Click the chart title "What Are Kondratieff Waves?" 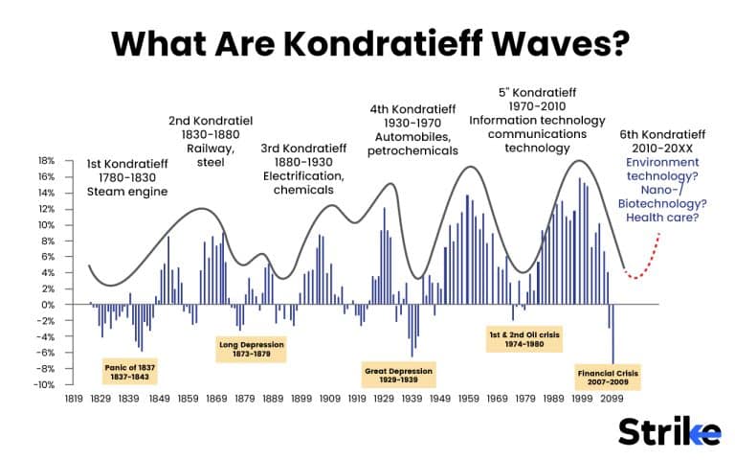coord(367,42)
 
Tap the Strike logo coord(669,432)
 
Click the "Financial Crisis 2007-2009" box coord(608,376)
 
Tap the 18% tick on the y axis coord(45,161)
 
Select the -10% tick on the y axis coord(43,385)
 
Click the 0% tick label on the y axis coord(47,305)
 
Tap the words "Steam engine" coord(126,192)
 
